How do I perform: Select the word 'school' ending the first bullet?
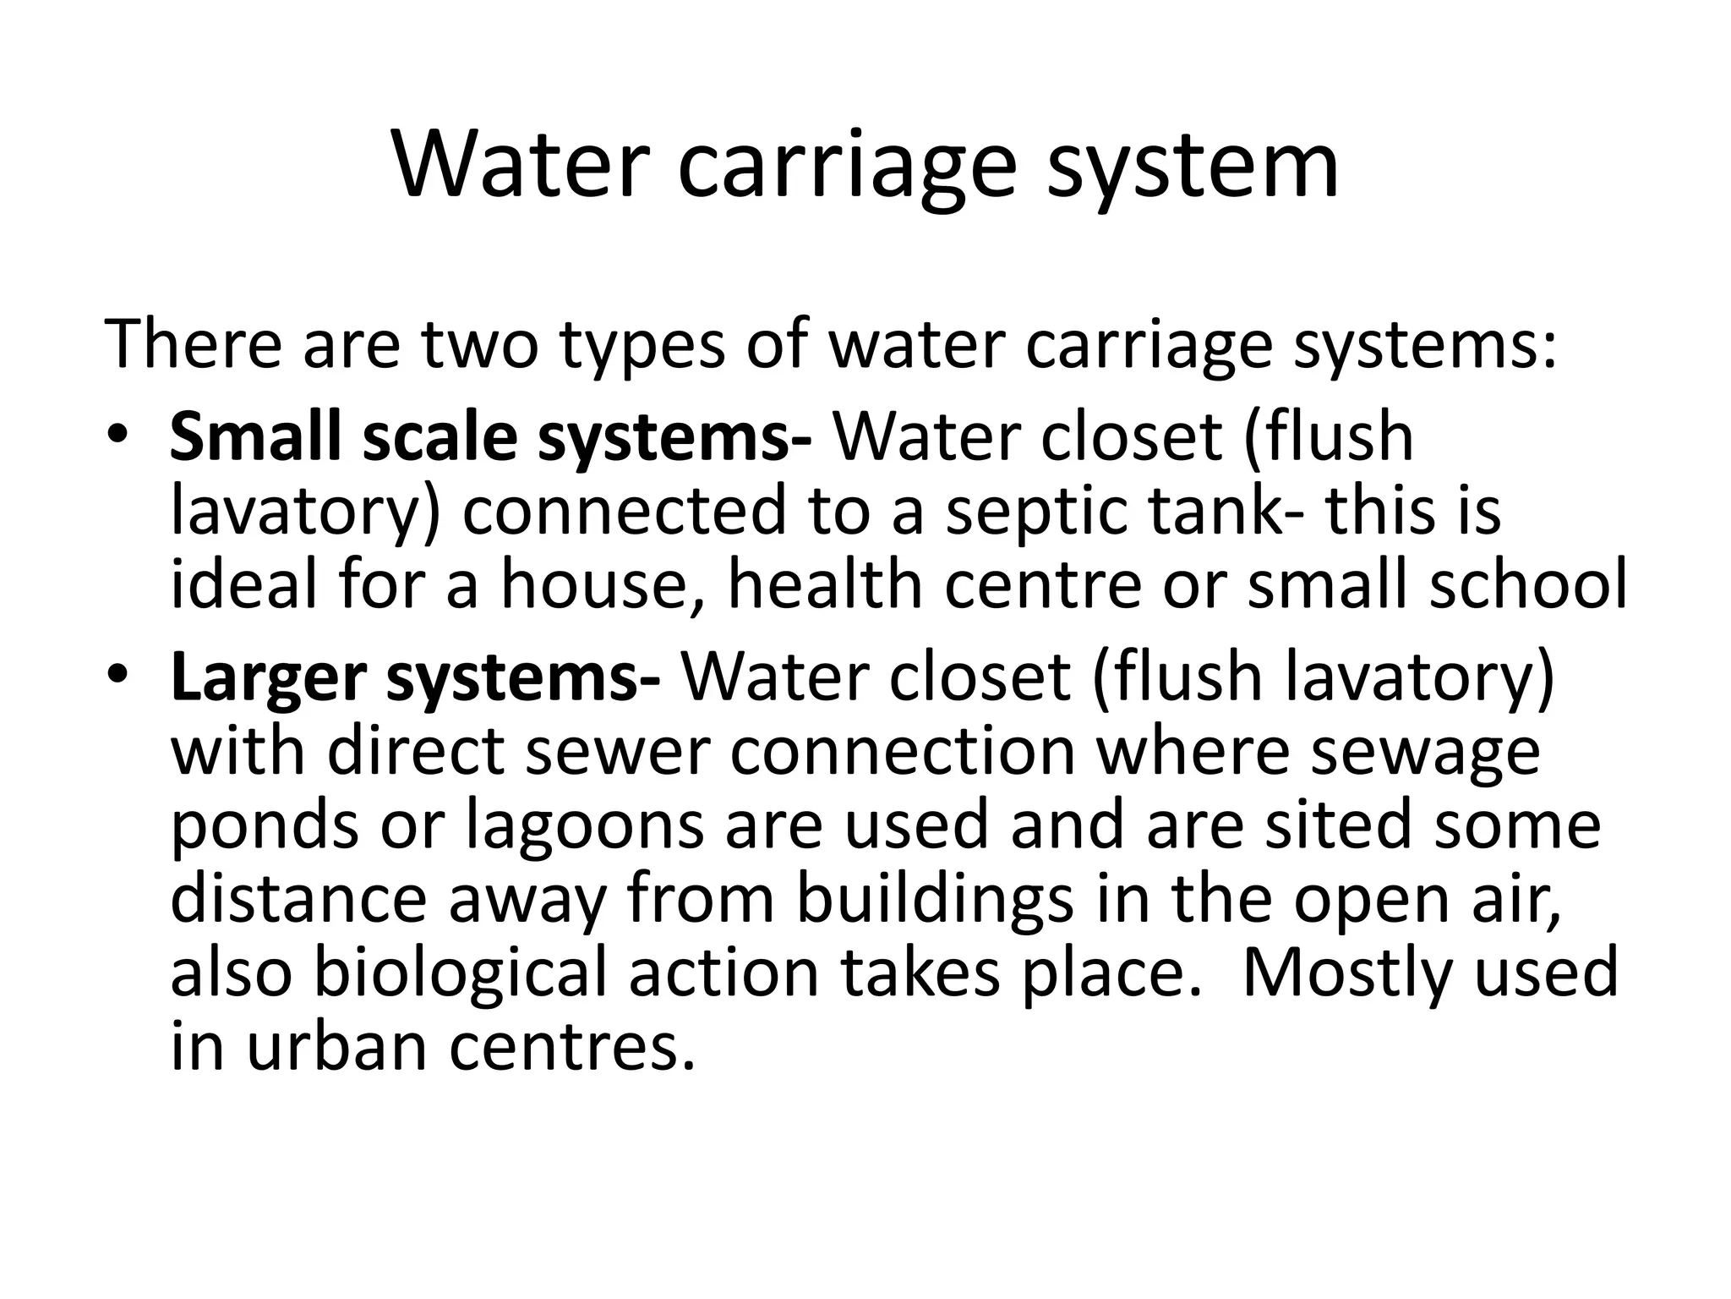point(1527,585)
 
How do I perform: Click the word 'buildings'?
point(935,900)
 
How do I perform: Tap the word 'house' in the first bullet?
point(602,585)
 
